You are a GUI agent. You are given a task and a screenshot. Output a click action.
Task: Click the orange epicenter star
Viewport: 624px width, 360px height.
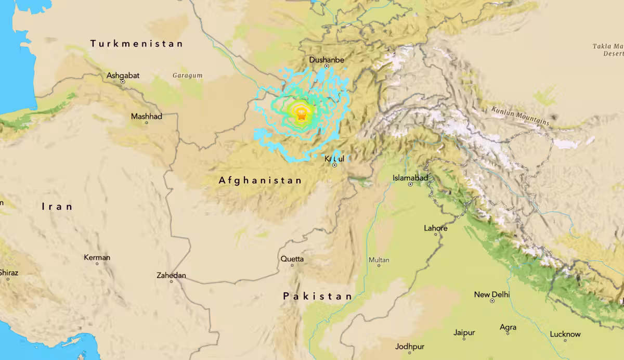tap(301, 115)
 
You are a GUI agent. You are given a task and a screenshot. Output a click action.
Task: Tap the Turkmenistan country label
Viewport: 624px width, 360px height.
tap(137, 44)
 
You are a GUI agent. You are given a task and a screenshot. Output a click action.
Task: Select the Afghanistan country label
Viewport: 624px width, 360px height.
tap(260, 181)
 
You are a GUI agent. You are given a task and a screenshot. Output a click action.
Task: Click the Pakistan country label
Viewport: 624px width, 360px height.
tap(317, 296)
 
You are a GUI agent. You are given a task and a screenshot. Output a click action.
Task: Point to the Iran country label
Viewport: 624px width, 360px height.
tap(57, 207)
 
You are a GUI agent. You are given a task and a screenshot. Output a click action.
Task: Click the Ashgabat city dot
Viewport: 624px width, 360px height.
tap(123, 82)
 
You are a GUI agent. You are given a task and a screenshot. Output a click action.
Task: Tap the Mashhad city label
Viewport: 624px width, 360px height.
tap(147, 116)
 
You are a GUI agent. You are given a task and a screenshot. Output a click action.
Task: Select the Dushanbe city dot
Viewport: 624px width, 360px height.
tap(327, 67)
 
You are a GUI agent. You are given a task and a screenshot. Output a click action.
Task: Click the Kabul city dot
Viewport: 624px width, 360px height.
tap(335, 165)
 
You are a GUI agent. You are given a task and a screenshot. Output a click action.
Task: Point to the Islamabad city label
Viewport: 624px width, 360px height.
tap(410, 178)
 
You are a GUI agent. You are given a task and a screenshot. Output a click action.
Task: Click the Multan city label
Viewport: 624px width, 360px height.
tap(379, 260)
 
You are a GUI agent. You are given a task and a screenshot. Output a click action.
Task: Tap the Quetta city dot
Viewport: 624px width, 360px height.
tap(292, 265)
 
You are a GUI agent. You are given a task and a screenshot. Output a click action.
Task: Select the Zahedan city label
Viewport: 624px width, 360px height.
tap(171, 275)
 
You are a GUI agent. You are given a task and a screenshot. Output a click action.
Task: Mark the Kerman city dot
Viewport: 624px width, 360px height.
tap(97, 264)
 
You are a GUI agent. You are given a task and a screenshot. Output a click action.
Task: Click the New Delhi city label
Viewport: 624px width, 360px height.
tap(492, 294)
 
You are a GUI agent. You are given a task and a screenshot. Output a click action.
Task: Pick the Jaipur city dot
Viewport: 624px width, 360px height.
tap(464, 339)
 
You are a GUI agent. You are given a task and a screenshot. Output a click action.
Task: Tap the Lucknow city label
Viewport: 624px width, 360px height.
tap(565, 334)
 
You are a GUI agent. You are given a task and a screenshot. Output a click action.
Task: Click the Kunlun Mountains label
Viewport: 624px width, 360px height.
tap(520, 115)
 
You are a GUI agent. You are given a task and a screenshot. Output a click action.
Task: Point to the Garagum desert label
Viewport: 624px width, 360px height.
tap(187, 75)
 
